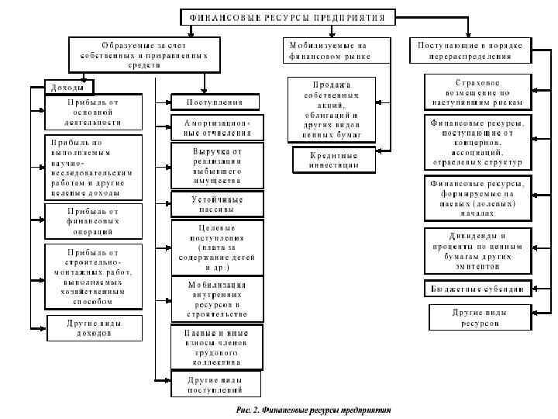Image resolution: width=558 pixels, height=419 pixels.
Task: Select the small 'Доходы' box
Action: (x=68, y=87)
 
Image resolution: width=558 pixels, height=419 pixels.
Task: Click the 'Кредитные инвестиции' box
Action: (x=328, y=159)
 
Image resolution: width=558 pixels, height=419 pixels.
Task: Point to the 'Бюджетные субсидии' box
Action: (x=477, y=289)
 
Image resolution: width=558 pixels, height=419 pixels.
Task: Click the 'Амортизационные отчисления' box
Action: (x=217, y=127)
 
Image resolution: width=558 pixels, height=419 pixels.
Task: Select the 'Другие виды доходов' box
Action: (x=94, y=327)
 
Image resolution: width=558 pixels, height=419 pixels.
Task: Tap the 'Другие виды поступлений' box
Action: (x=217, y=385)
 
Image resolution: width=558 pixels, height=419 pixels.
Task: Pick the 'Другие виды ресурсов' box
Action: (x=477, y=317)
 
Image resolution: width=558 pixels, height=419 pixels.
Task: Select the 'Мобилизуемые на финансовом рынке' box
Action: (x=329, y=50)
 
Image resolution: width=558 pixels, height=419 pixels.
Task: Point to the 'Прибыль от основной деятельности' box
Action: (x=94, y=112)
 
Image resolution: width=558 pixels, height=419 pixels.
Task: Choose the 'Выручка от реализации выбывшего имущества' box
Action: (x=217, y=164)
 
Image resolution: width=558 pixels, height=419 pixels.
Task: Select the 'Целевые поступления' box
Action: (x=217, y=247)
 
